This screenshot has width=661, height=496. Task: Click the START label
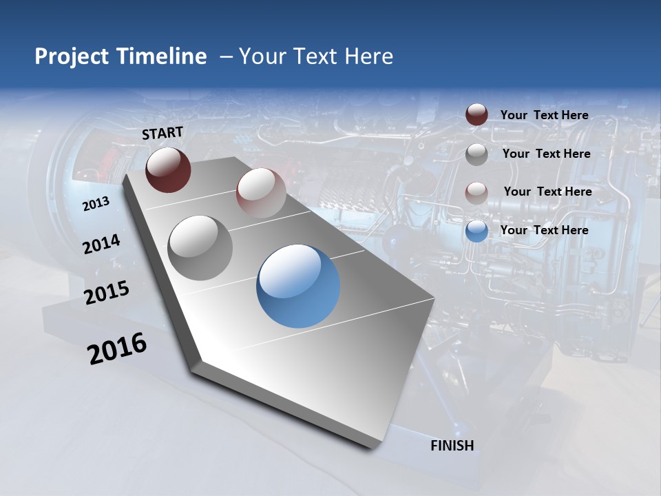(162, 133)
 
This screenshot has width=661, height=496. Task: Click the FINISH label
(452, 446)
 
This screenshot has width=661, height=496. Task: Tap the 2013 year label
(96, 204)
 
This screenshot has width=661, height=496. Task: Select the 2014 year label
(101, 244)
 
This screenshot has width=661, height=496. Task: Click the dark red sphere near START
(168, 169)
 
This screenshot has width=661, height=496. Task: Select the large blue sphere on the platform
(298, 285)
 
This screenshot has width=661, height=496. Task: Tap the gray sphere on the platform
(200, 247)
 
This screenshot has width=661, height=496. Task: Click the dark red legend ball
(476, 115)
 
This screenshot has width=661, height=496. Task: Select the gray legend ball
(476, 154)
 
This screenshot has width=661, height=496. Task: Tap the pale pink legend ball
(476, 192)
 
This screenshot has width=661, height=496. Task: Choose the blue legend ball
(476, 231)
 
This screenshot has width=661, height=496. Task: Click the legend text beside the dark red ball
(544, 115)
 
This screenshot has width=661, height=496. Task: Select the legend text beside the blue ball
(544, 230)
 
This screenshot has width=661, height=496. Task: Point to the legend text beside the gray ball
(546, 154)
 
